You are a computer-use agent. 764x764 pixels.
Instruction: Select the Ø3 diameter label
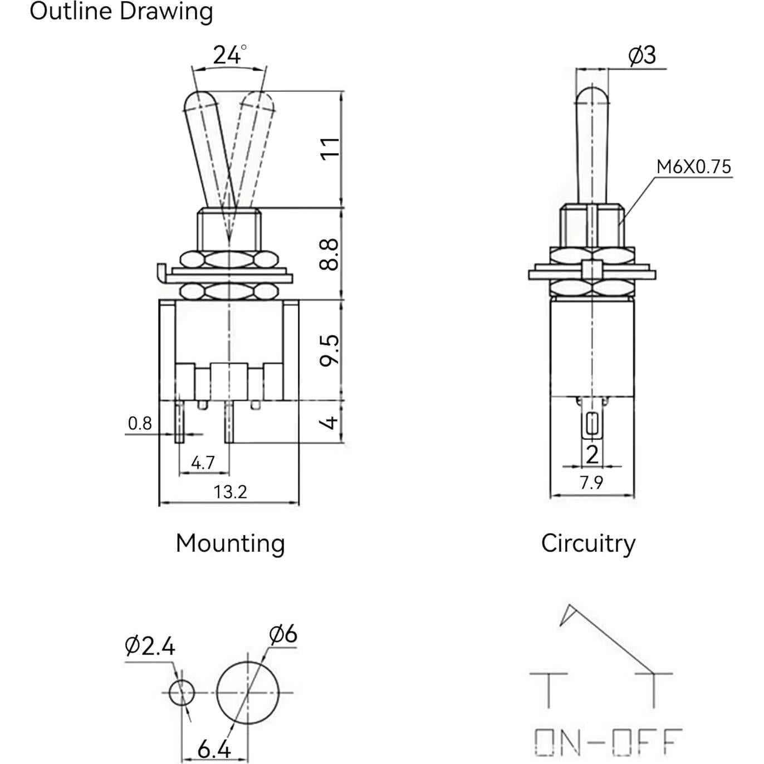642,55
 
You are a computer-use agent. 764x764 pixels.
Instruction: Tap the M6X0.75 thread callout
693,166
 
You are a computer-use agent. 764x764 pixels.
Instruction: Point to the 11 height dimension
330,148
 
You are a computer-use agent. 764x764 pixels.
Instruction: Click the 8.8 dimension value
330,254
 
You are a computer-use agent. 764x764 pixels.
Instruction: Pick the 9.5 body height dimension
330,350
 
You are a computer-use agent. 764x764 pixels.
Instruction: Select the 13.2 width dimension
230,492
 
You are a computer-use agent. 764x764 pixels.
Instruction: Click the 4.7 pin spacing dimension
203,462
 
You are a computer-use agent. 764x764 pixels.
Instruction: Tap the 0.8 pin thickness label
140,424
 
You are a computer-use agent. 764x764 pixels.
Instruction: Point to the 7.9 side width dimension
591,482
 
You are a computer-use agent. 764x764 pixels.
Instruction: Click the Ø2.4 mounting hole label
150,647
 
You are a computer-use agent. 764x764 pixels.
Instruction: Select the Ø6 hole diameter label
283,634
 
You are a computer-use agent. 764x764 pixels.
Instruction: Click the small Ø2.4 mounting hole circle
182,693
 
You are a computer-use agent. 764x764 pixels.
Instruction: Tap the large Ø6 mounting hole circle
247,693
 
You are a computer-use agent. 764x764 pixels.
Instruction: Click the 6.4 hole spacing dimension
214,750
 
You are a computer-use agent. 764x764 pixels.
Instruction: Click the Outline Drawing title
121,11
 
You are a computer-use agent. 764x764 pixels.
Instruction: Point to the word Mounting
230,543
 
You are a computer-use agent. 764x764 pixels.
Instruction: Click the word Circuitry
588,543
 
